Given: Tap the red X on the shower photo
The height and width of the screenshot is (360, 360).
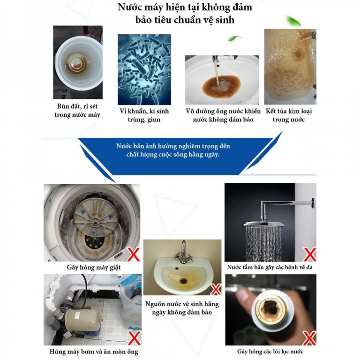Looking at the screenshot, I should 309,255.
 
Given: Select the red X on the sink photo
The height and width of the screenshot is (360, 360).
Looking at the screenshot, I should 215,289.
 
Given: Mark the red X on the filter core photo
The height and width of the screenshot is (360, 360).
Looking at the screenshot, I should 309,337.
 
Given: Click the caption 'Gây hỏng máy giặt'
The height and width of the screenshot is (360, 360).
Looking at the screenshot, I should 91,268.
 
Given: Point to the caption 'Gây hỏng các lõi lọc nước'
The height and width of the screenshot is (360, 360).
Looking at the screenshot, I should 270,351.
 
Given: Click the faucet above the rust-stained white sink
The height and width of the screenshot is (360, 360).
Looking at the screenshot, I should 182,251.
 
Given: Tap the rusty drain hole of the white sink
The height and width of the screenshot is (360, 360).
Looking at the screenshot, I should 180,280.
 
